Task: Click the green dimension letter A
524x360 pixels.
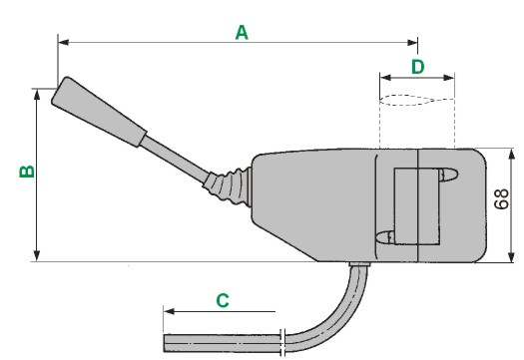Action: click(242, 33)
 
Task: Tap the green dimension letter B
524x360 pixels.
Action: click(27, 172)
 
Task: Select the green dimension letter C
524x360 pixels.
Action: click(223, 300)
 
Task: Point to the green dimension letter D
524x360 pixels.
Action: click(418, 67)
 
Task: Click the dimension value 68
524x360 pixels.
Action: click(502, 199)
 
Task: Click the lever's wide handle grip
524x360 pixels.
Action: click(99, 112)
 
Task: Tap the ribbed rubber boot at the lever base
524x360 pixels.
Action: click(229, 185)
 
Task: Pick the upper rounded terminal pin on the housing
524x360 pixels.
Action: click(448, 175)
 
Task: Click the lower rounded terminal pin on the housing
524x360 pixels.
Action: click(385, 237)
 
